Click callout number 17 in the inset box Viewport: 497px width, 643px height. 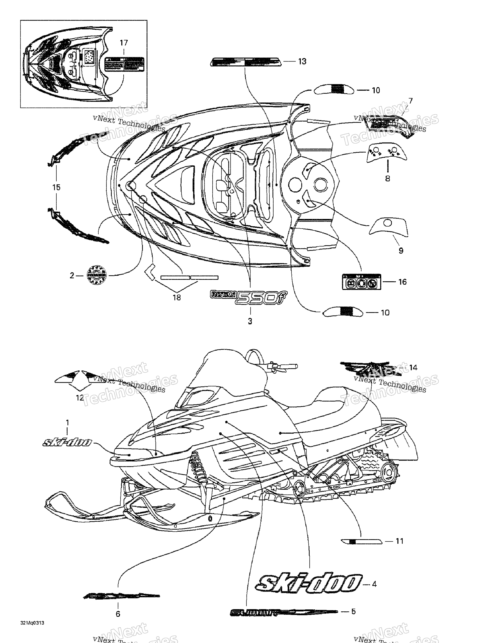[124, 43]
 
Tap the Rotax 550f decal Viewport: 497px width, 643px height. [249, 297]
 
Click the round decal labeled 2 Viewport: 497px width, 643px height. [97, 275]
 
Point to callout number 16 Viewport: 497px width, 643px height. [402, 282]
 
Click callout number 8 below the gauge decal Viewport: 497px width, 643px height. [388, 178]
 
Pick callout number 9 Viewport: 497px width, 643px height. [401, 250]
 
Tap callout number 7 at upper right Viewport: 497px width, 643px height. [410, 101]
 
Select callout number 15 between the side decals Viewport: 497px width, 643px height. [56, 187]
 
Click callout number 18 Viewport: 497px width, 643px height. [177, 298]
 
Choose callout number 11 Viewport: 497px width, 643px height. [399, 541]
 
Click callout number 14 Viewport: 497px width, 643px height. [413, 367]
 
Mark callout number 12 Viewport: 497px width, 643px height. [80, 398]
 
